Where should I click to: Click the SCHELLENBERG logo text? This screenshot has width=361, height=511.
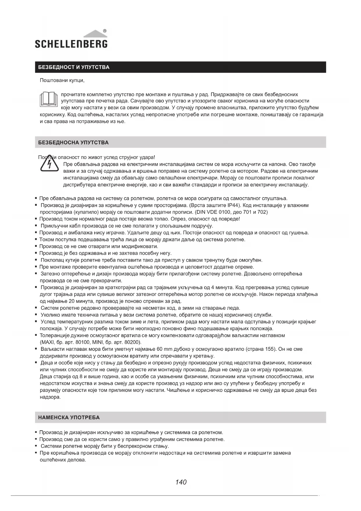[71, 44]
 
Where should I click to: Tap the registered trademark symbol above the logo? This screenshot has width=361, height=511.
[105, 31]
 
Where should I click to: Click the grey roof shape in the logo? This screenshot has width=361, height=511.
[96, 34]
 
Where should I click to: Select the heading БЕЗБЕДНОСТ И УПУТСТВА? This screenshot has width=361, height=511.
[74, 67]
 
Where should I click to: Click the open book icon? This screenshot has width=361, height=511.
[49, 99]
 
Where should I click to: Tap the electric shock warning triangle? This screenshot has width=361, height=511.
[49, 164]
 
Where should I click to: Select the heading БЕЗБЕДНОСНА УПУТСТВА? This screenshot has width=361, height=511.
[73, 142]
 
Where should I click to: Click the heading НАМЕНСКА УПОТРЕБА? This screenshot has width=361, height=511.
[69, 417]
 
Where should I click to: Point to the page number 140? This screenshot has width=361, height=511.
[181, 482]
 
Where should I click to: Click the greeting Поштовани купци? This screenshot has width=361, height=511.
[62, 80]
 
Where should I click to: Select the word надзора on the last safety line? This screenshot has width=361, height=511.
[50, 397]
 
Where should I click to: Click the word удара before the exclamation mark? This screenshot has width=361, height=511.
[147, 158]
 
